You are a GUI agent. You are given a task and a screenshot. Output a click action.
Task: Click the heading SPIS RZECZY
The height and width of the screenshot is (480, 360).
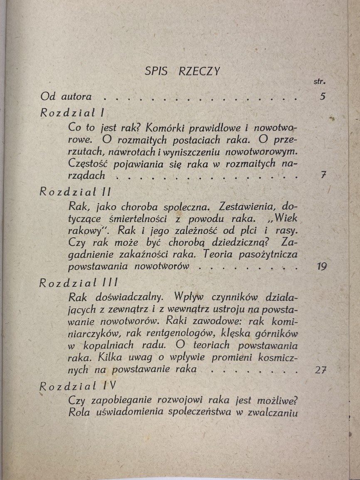(x=182, y=71)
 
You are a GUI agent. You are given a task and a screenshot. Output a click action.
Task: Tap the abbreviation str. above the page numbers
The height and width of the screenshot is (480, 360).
(x=319, y=82)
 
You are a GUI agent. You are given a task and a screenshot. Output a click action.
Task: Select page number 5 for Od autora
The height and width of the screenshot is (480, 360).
(x=323, y=97)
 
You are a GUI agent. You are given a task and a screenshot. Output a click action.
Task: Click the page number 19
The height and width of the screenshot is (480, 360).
(x=321, y=266)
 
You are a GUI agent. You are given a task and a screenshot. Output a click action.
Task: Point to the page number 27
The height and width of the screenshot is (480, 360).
(x=321, y=369)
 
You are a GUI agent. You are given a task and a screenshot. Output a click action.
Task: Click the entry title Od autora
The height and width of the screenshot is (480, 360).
(x=66, y=97)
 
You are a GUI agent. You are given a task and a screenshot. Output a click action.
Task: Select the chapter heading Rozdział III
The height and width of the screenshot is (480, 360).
(x=79, y=283)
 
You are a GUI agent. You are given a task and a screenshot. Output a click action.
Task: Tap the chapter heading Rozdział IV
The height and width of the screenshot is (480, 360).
(x=77, y=386)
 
